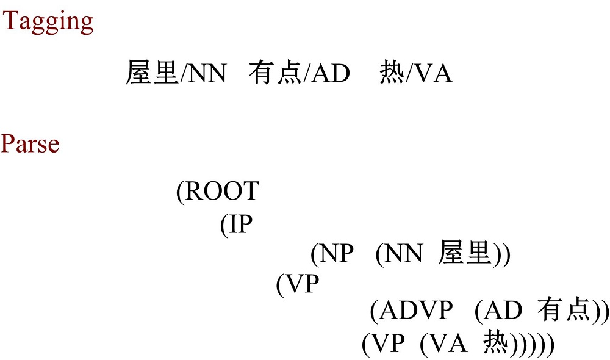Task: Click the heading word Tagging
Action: tap(48, 23)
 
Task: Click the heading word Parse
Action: tap(30, 143)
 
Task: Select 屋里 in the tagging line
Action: tap(152, 73)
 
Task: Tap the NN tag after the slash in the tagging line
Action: tap(207, 74)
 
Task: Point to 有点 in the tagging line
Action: tap(275, 73)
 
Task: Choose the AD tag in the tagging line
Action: tap(331, 74)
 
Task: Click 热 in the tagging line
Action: tap(392, 73)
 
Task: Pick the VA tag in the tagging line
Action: tap(432, 74)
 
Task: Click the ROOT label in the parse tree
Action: tap(222, 191)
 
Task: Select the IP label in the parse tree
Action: tap(240, 224)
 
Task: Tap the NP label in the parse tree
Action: tap(337, 253)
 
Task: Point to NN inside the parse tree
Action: tap(403, 253)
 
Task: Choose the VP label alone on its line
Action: tap(302, 284)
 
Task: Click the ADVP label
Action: tap(416, 311)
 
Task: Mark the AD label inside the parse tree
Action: tap(503, 311)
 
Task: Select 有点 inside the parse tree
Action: tap(564, 310)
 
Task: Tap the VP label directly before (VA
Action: tap(387, 344)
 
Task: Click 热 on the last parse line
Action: tap(496, 343)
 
